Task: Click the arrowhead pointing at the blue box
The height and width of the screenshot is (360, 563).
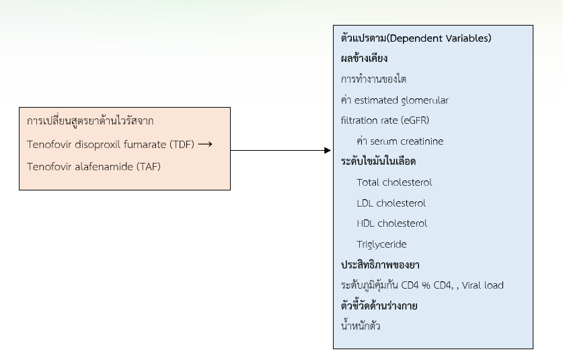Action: (328, 150)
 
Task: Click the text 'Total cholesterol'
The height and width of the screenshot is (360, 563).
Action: (394, 182)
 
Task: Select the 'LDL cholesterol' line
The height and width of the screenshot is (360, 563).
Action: (391, 203)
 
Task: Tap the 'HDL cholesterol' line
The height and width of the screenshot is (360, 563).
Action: (391, 223)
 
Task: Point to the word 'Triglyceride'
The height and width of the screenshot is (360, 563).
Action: (381, 244)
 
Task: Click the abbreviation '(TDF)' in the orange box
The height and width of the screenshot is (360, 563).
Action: (182, 145)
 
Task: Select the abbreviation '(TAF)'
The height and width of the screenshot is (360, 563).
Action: (148, 167)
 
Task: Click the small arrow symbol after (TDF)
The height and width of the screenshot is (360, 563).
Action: (205, 145)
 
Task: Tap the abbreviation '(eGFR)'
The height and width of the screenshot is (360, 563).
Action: (416, 120)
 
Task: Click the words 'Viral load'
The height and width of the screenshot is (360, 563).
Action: (482, 285)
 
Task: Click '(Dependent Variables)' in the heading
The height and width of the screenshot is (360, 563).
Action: (439, 38)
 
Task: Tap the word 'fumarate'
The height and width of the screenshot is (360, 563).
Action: (145, 145)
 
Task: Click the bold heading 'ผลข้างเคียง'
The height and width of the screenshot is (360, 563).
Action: (364, 58)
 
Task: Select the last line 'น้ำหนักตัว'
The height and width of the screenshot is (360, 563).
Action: (361, 326)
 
